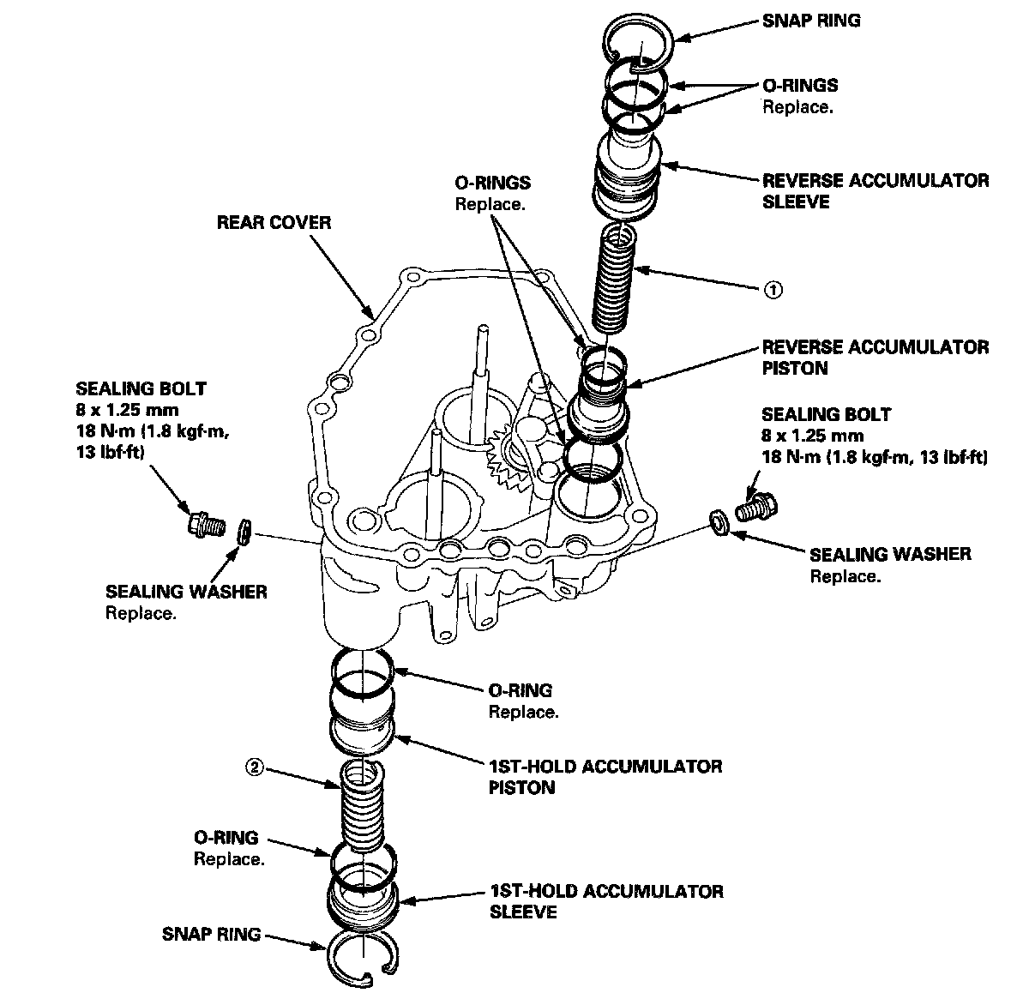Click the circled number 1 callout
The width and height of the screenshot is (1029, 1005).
pos(772,290)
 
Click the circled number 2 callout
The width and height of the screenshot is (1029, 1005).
pos(253,767)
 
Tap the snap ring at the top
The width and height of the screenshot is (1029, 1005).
pos(641,40)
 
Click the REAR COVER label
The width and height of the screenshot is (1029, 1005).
pos(274,223)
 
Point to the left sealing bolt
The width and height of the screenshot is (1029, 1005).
pos(205,521)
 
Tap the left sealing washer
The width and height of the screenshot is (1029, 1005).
pos(244,532)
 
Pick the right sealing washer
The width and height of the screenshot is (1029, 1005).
pos(719,520)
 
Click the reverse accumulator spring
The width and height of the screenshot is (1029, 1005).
pos(617,276)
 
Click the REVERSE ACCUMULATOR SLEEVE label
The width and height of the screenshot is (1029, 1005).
pos(875,191)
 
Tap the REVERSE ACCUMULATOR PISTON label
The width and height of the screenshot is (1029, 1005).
pos(875,358)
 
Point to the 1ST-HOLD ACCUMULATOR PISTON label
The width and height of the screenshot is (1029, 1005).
pos(605,776)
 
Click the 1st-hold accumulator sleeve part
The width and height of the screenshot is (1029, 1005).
pos(362,905)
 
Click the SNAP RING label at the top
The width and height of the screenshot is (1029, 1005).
pos(811,20)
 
